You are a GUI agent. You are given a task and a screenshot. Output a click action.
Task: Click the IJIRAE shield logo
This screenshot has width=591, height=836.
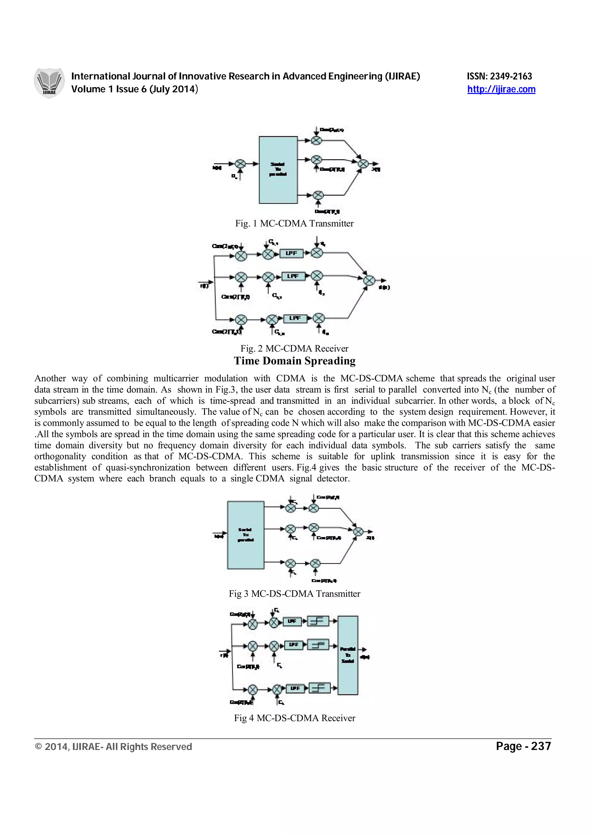point(49,83)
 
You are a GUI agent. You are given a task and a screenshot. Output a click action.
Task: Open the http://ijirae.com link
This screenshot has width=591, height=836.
point(501,89)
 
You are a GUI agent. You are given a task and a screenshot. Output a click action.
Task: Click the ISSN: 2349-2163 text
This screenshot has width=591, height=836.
point(499,76)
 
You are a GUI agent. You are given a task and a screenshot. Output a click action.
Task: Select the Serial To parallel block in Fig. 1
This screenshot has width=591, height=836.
point(278,170)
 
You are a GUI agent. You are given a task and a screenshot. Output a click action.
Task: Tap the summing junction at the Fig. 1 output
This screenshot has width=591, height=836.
point(363,164)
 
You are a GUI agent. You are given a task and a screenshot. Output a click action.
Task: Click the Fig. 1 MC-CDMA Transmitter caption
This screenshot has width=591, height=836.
point(294,224)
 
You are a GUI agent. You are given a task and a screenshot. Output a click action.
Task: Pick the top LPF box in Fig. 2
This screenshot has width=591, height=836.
point(291,253)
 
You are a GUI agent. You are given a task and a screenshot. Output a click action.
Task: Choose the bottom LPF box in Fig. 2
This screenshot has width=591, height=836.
point(295,318)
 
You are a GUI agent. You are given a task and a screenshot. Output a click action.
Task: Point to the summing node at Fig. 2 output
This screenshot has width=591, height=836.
point(369,280)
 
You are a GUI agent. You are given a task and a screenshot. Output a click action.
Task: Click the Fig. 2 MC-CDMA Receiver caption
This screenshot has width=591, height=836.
point(294,348)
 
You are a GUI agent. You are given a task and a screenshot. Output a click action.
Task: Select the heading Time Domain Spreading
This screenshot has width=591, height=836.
point(295,361)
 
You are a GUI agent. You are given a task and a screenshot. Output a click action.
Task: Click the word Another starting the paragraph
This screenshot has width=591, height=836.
point(50,379)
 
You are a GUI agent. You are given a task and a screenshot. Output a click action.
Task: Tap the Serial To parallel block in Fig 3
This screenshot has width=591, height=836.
point(246,535)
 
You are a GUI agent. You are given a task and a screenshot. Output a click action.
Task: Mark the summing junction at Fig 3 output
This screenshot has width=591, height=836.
point(358,532)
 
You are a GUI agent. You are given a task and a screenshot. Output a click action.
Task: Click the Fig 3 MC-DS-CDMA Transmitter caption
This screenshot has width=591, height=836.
point(294,594)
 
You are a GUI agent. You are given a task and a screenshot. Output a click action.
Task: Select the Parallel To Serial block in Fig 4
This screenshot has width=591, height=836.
point(348,655)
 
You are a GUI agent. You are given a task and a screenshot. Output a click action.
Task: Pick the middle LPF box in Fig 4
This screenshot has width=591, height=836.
point(293,644)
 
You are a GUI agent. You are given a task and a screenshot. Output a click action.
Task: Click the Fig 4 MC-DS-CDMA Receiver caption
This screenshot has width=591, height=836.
point(294,718)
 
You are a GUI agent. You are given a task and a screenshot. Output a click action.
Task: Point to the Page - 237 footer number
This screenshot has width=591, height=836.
point(523,747)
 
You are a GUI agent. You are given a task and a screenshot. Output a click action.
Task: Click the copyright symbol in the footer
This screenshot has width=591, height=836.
point(38,747)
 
